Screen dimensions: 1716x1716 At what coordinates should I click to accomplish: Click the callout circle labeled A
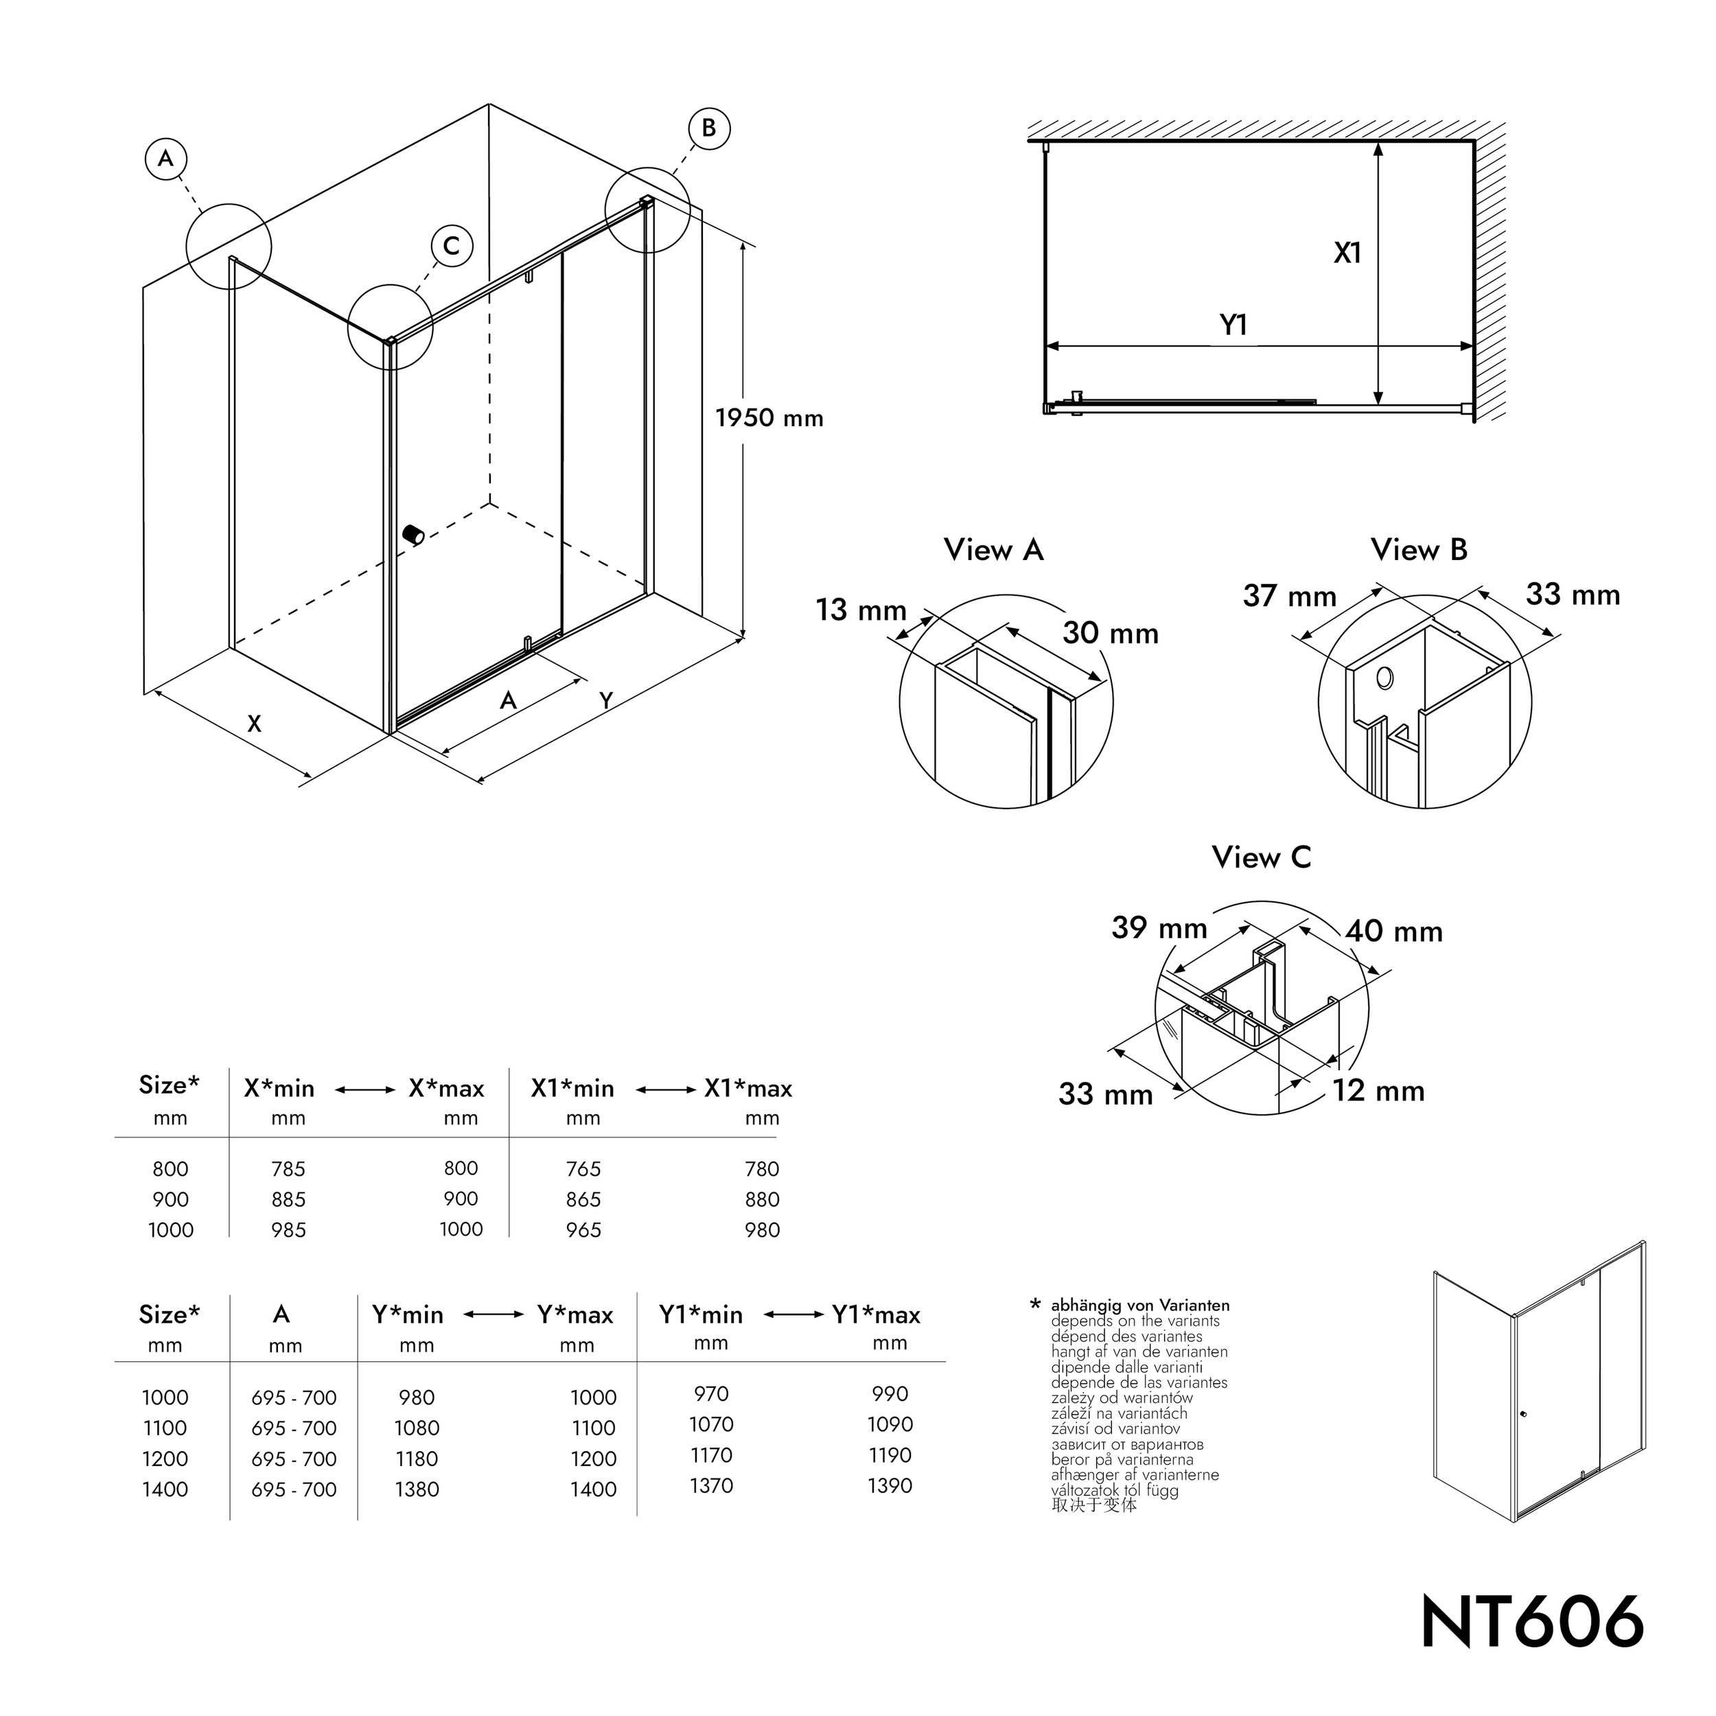(166, 159)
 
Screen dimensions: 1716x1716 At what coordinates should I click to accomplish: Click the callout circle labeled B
(709, 129)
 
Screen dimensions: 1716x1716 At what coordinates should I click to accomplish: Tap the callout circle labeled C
(451, 246)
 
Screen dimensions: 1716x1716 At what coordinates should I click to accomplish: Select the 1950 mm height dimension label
(769, 418)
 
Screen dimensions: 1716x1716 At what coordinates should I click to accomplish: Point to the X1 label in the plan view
(1347, 254)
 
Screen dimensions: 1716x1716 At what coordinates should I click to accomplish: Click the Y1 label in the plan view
(1233, 326)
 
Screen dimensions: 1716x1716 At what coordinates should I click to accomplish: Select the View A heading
(993, 550)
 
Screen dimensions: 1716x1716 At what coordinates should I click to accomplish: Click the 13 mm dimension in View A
(861, 610)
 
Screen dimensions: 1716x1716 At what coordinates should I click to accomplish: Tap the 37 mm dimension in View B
(1289, 596)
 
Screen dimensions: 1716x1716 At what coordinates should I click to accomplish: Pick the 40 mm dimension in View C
(1393, 931)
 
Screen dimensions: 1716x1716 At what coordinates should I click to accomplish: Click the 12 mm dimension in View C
(1378, 1091)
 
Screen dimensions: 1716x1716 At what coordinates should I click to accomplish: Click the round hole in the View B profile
(1384, 680)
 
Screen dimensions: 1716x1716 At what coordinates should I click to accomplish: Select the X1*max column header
(748, 1089)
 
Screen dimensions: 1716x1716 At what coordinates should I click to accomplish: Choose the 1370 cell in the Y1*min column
(711, 1486)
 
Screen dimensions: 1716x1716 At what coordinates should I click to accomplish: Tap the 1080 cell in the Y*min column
(417, 1428)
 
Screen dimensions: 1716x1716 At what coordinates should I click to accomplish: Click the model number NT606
(1532, 1623)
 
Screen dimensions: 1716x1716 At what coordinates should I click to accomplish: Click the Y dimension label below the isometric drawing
(606, 701)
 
